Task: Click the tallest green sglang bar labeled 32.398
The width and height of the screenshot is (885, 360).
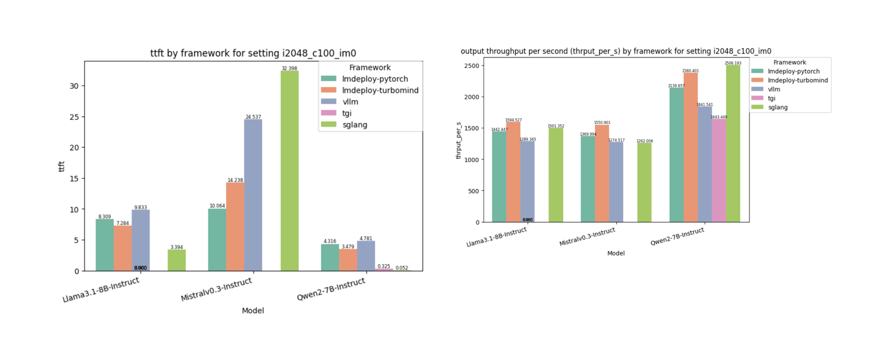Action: point(289,171)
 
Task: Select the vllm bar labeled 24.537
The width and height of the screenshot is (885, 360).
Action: point(253,195)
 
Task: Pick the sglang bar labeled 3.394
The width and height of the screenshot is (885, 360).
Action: point(176,260)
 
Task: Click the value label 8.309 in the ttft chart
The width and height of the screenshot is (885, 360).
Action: point(104,217)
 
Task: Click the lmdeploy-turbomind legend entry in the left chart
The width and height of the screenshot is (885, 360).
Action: point(380,91)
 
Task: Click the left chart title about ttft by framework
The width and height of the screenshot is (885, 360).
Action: point(257,53)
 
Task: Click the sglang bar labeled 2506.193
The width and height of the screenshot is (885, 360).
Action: point(733,143)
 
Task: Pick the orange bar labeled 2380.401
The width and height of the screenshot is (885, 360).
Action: point(690,148)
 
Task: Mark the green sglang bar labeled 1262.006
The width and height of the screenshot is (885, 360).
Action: point(644,182)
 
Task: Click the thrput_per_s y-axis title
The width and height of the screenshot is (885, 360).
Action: point(459,140)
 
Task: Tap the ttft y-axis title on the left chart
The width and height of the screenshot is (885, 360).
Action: point(61,166)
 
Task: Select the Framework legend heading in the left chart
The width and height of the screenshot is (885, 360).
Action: point(370,68)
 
